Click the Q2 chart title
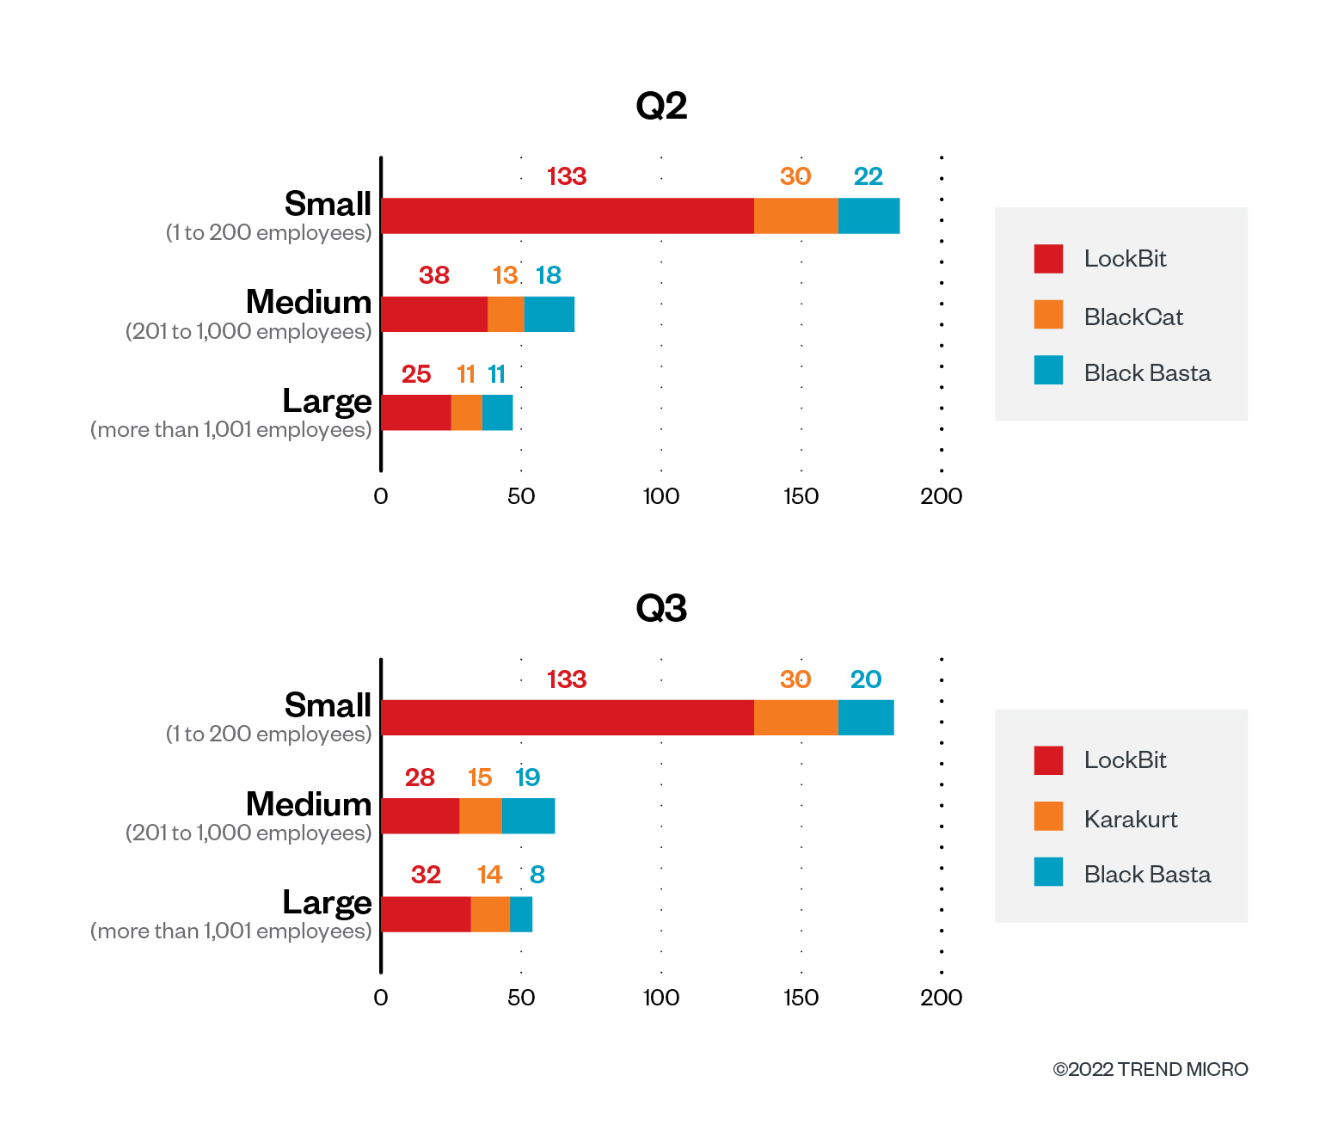point(661,106)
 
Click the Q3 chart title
point(661,608)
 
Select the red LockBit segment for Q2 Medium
point(434,314)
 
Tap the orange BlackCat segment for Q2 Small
point(795,216)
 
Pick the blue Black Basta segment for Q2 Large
point(497,413)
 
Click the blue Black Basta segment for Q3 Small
point(866,718)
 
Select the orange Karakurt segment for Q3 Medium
point(480,816)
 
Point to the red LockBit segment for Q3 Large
point(426,914)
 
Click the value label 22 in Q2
point(868,176)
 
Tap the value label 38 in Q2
point(434,275)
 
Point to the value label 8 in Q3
point(537,875)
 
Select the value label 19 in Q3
point(527,778)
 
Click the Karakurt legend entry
point(1130,819)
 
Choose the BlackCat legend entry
point(1132,317)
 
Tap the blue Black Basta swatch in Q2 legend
point(1048,371)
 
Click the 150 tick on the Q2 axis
point(801,496)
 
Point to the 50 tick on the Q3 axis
point(521,998)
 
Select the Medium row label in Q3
point(308,804)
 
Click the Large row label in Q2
point(327,402)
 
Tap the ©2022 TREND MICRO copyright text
point(1150,1069)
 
